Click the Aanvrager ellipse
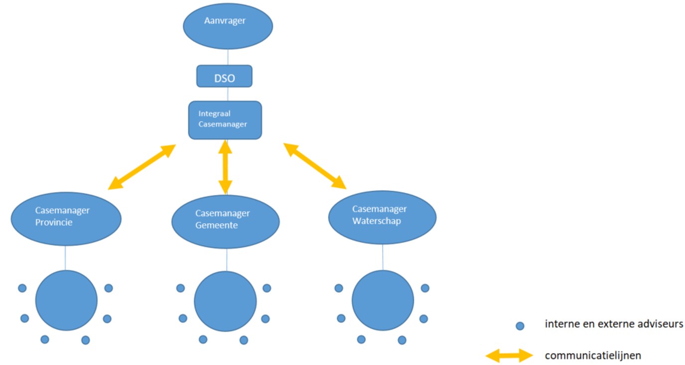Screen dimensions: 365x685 tap(228, 27)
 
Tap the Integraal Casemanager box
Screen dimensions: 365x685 tap(225, 120)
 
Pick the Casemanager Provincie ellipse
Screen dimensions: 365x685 tap(66, 219)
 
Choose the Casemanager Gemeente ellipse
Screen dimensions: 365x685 tap(225, 222)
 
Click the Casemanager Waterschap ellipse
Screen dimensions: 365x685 tap(382, 217)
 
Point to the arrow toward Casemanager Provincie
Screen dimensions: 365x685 tap(142, 167)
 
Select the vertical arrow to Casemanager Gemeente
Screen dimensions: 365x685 tap(225, 167)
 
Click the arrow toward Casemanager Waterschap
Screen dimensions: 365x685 tap(315, 166)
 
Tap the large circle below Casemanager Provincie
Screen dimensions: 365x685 tap(66, 300)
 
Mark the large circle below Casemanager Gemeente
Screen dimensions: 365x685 tap(225, 301)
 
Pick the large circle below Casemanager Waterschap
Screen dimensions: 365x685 tap(383, 300)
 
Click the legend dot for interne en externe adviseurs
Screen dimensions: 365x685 tap(520, 326)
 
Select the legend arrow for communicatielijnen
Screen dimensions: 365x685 tap(509, 356)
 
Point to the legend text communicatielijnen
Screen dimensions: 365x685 tap(593, 356)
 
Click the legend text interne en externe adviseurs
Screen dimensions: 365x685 tap(614, 324)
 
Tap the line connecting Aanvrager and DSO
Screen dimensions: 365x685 tap(228, 57)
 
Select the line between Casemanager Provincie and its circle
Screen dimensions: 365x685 tap(65, 258)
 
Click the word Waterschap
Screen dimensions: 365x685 tap(376, 221)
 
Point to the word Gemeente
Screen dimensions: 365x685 tap(216, 225)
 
